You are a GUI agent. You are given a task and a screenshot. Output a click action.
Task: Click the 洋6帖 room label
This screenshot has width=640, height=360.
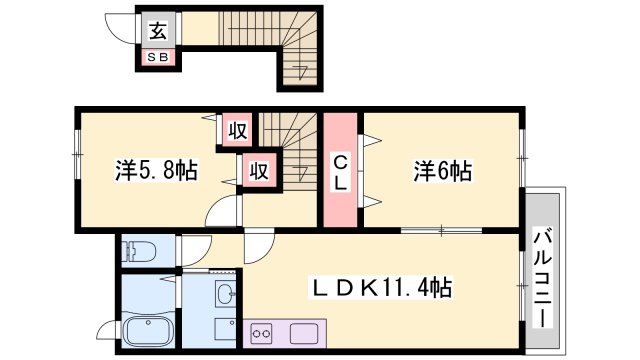point(441,171)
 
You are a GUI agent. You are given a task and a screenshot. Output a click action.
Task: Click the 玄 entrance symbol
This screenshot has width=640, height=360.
point(158,31)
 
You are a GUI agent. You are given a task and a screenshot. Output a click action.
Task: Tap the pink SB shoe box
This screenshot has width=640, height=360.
point(158,56)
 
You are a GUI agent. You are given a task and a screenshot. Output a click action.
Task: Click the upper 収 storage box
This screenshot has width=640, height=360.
point(236,130)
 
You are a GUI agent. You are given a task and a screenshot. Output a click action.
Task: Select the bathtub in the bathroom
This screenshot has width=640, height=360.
point(148,330)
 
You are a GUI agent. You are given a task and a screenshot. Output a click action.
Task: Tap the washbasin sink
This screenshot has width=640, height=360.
point(226,294)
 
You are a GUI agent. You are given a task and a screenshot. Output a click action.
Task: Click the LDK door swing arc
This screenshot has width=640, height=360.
point(258,245)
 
